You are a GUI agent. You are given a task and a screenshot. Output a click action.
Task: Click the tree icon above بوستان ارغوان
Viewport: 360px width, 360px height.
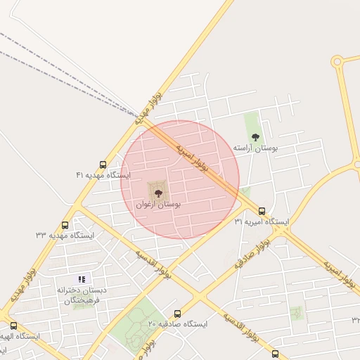pos(159,191)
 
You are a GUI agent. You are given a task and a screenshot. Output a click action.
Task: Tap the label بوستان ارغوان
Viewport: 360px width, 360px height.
pos(159,205)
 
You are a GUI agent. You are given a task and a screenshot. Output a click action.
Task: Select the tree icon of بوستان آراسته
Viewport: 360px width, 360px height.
pos(255,136)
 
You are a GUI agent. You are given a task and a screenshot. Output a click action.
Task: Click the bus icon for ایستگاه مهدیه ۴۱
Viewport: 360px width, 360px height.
pos(103,165)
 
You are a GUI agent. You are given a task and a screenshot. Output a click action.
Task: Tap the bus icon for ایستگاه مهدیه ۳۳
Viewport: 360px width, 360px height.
pos(65,225)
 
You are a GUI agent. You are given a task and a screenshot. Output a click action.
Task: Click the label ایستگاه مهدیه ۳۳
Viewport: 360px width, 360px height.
pos(65,235)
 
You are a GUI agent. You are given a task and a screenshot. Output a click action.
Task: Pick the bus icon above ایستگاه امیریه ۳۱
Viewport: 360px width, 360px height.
pos(262,211)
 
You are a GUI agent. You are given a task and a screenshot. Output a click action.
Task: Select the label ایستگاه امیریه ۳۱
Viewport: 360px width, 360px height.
pos(263,221)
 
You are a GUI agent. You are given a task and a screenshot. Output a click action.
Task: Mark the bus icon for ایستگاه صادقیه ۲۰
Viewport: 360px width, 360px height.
pos(177,314)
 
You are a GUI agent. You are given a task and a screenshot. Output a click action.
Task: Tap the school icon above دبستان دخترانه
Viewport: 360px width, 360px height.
pos(81,279)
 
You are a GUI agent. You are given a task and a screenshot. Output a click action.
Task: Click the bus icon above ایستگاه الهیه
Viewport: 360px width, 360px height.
pos(14,326)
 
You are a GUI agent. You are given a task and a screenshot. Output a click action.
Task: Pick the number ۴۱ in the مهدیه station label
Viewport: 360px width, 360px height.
pos(80,174)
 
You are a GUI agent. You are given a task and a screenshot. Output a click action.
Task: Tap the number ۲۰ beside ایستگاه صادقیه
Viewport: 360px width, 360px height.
pos(152,324)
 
